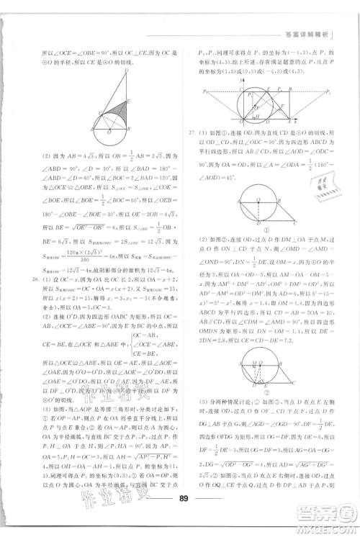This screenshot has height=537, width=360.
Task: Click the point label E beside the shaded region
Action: [x=127, y=101]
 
